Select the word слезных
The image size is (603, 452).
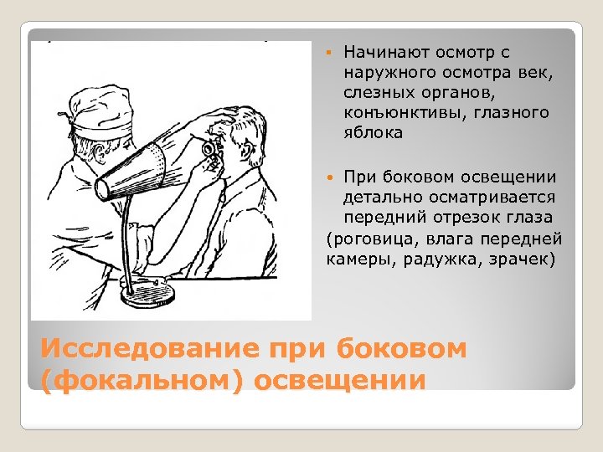[374, 92]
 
